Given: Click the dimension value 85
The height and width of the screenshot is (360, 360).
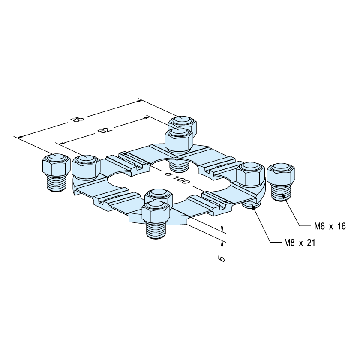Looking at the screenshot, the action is pyautogui.click(x=78, y=120).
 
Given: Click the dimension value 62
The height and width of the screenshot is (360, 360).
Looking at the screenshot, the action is pyautogui.click(x=105, y=130).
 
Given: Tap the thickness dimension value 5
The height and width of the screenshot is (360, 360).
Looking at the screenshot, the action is pyautogui.click(x=222, y=258).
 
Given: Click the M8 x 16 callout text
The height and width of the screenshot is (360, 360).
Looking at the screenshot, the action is pyautogui.click(x=330, y=226).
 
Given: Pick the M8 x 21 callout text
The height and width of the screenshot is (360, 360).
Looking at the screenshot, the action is pyautogui.click(x=300, y=243).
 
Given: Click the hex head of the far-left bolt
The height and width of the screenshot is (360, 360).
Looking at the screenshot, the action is pyautogui.click(x=56, y=165).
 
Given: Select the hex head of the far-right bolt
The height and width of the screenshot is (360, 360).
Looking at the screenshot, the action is pyautogui.click(x=281, y=174).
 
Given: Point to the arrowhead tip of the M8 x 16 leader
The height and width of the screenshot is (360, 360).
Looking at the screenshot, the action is pyautogui.click(x=282, y=193).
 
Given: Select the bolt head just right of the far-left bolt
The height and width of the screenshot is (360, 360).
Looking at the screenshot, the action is pyautogui.click(x=86, y=166).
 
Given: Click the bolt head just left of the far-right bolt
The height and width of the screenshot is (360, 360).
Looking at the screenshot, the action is pyautogui.click(x=251, y=174).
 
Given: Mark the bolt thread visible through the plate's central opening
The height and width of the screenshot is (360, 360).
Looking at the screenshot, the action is pyautogui.click(x=179, y=166).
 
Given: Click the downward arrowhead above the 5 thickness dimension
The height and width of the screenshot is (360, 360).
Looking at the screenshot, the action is pyautogui.click(x=222, y=229).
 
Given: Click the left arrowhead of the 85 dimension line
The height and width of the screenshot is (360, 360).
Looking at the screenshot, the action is pyautogui.click(x=18, y=137).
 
